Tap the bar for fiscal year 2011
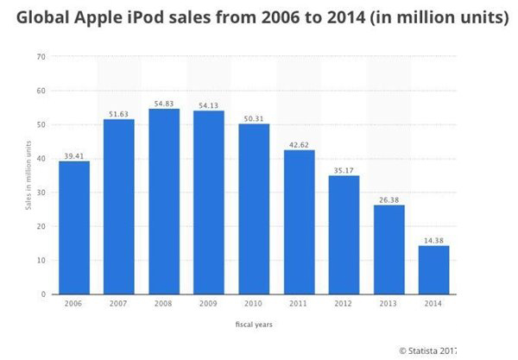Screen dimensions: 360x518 pyautogui.click(x=300, y=222)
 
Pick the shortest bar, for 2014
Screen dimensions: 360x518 pyautogui.click(x=434, y=270)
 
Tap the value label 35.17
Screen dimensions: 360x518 pyautogui.click(x=344, y=168)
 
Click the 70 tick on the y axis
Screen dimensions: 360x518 pyautogui.click(x=41, y=57)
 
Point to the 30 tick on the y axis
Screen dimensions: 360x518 pyautogui.click(x=41, y=193)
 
